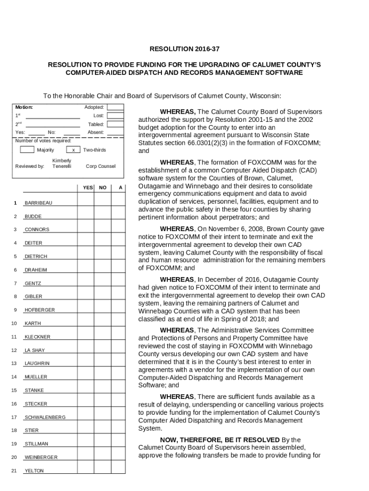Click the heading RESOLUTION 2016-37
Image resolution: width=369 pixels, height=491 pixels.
click(184, 49)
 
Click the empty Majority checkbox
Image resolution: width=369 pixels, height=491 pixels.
click(27, 150)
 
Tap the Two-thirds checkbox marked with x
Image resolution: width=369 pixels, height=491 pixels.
click(72, 150)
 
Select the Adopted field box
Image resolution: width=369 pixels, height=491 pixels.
click(115, 107)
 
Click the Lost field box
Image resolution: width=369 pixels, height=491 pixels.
click(115, 116)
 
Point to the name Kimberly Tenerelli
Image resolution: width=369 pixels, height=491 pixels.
click(62, 163)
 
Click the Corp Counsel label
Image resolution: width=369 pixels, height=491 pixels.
click(100, 166)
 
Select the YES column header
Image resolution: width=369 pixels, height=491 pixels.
click(88, 187)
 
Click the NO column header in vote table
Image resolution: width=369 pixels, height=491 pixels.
click(103, 187)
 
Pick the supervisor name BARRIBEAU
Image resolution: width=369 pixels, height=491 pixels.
click(38, 203)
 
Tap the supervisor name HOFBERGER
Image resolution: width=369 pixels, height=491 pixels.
click(40, 310)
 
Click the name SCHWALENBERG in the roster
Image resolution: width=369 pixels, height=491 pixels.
click(45, 417)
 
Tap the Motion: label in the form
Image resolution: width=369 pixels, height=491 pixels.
click(24, 107)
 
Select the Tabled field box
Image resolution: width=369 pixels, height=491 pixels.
click(115, 124)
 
